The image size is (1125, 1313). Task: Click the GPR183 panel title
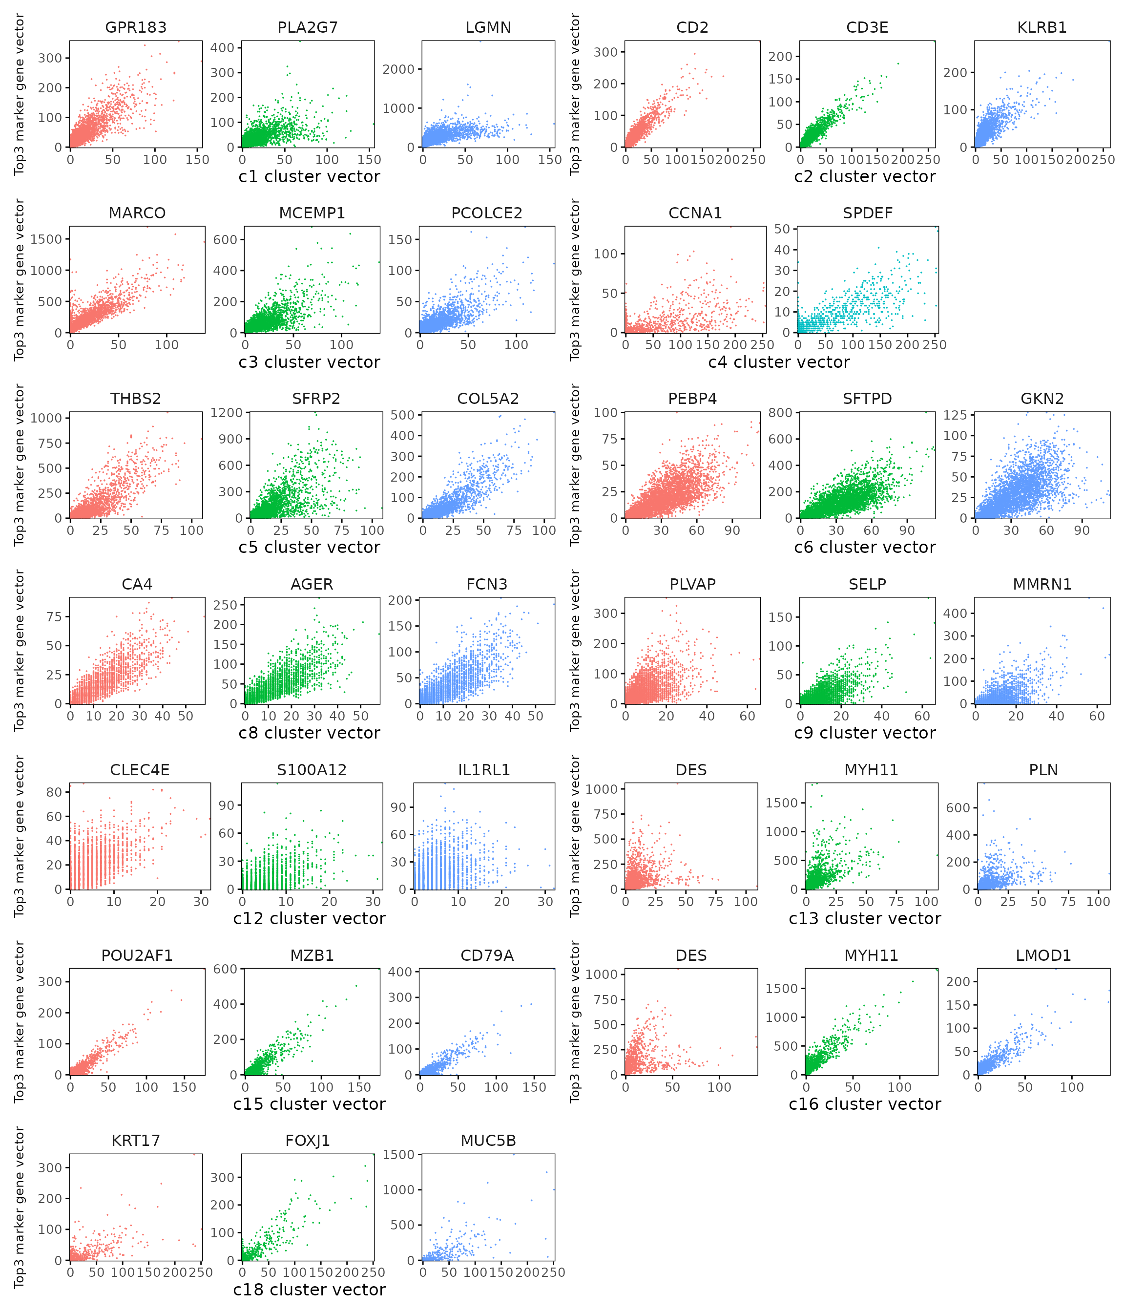point(136,28)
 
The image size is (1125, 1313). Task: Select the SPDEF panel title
point(867,213)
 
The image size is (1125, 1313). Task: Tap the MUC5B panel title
point(488,1141)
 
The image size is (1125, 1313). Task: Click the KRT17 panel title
point(136,1141)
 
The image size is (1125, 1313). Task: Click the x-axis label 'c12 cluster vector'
point(309,918)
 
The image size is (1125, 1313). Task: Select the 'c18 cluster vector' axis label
point(309,1290)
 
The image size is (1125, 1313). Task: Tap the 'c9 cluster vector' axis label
point(865,733)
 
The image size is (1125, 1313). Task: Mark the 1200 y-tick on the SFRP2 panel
point(227,413)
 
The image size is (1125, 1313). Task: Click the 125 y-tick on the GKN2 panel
point(955,415)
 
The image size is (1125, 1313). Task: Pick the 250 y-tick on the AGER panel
point(225,605)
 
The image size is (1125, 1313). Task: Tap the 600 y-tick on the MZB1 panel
point(225,969)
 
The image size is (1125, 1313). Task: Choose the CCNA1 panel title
point(695,213)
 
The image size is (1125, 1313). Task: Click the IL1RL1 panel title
point(484,770)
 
